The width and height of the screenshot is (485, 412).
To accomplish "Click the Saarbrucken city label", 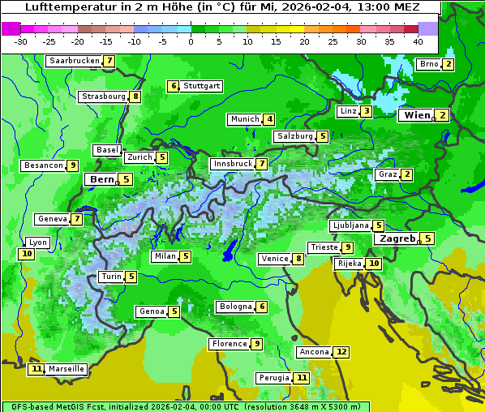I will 74,61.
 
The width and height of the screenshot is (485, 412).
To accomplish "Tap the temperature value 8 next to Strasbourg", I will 135,97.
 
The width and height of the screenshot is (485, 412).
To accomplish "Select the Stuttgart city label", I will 201,86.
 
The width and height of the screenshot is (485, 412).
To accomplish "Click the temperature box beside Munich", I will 269,119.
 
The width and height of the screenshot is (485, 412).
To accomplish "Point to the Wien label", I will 417,115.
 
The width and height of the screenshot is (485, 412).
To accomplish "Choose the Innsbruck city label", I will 232,164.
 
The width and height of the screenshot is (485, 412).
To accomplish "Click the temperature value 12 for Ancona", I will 341,352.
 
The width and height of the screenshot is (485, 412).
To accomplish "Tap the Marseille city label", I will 67,369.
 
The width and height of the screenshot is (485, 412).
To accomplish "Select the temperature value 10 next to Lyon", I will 27,254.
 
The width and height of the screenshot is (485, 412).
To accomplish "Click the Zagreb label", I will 397,238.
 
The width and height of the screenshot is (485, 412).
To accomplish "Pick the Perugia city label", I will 273,378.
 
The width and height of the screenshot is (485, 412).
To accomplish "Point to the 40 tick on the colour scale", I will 418,41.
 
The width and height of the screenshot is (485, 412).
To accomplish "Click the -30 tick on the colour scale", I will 21,41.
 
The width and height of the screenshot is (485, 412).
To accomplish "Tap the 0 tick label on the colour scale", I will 191,41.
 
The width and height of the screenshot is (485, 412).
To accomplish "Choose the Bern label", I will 101,179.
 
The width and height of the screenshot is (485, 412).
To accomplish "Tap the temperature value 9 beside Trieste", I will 347,247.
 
